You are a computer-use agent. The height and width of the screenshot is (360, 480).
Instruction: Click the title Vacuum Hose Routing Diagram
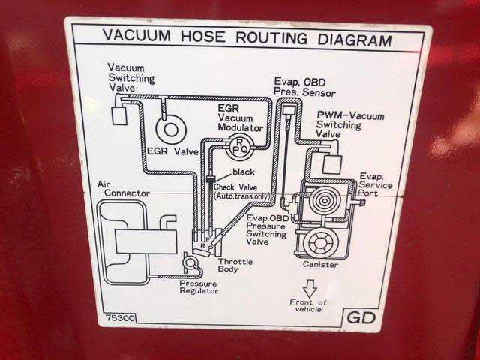(x=247, y=37)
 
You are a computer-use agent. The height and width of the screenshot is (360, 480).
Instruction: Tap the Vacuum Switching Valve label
(x=131, y=77)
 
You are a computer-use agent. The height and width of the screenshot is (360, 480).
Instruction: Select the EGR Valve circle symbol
(x=172, y=130)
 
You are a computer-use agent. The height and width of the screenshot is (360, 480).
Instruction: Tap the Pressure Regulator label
(x=199, y=287)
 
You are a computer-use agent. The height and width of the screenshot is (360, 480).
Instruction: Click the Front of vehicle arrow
(x=309, y=287)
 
